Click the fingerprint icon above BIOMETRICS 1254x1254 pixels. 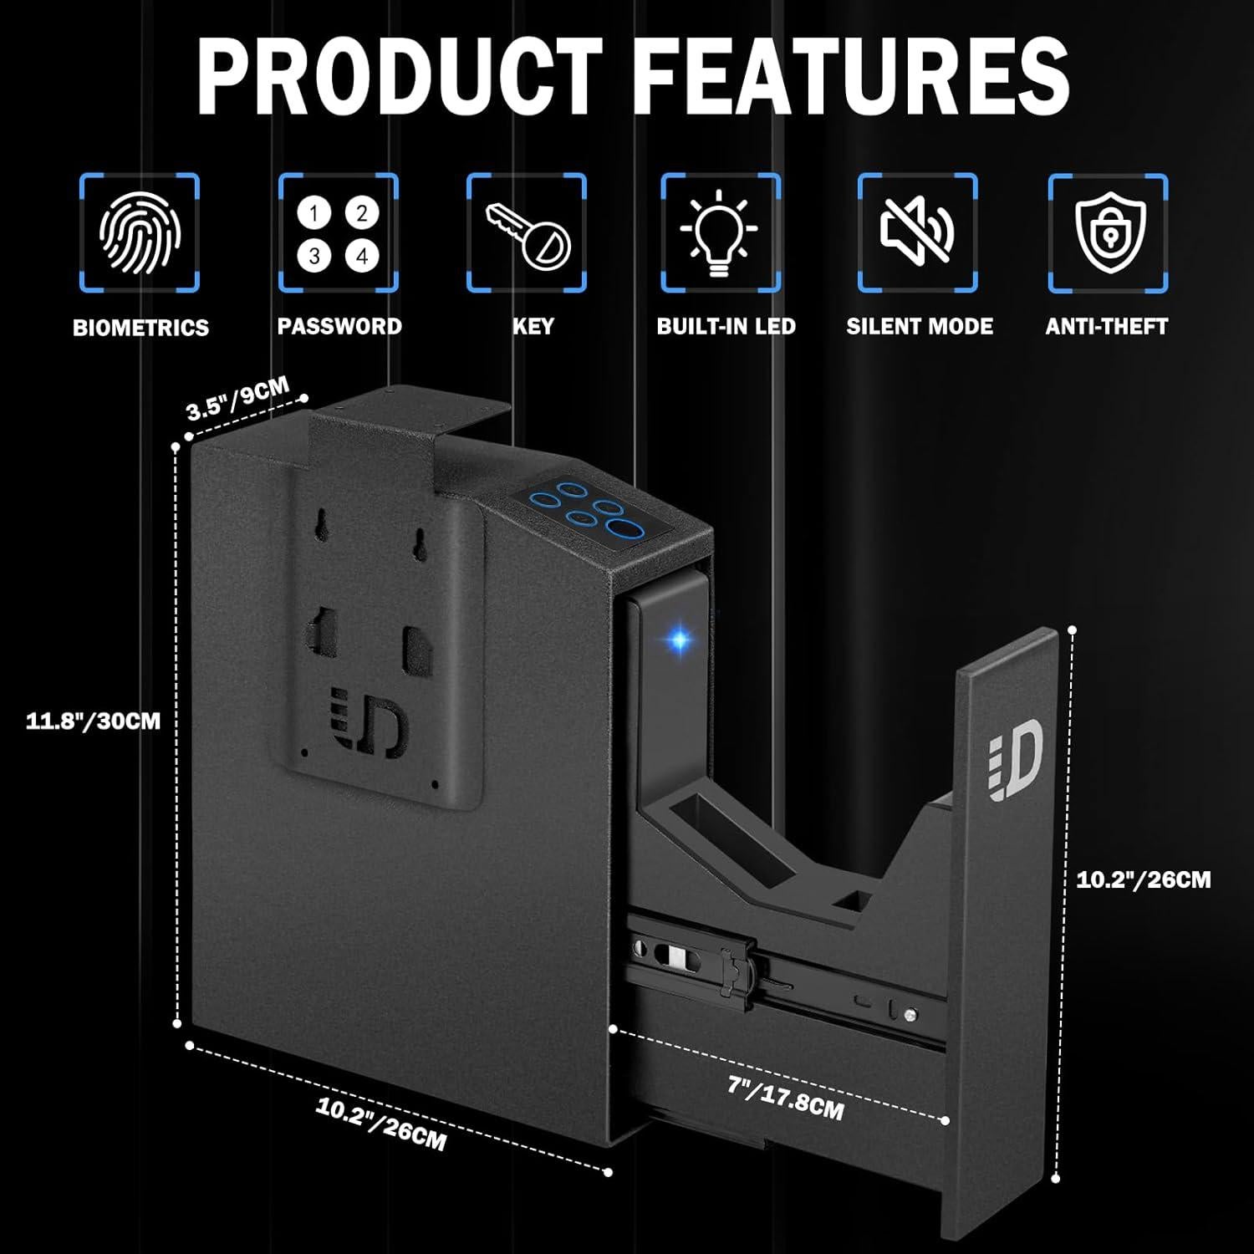[140, 232]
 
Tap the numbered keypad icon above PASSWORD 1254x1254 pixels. [338, 234]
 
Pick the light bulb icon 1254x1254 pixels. [720, 232]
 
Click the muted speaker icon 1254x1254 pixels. [917, 230]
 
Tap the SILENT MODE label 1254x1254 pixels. [920, 326]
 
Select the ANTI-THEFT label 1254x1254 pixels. [1106, 326]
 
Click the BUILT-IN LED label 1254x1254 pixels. [726, 326]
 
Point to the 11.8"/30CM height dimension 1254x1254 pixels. [93, 721]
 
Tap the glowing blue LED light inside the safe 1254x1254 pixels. [679, 640]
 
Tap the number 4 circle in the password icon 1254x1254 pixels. [362, 256]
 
